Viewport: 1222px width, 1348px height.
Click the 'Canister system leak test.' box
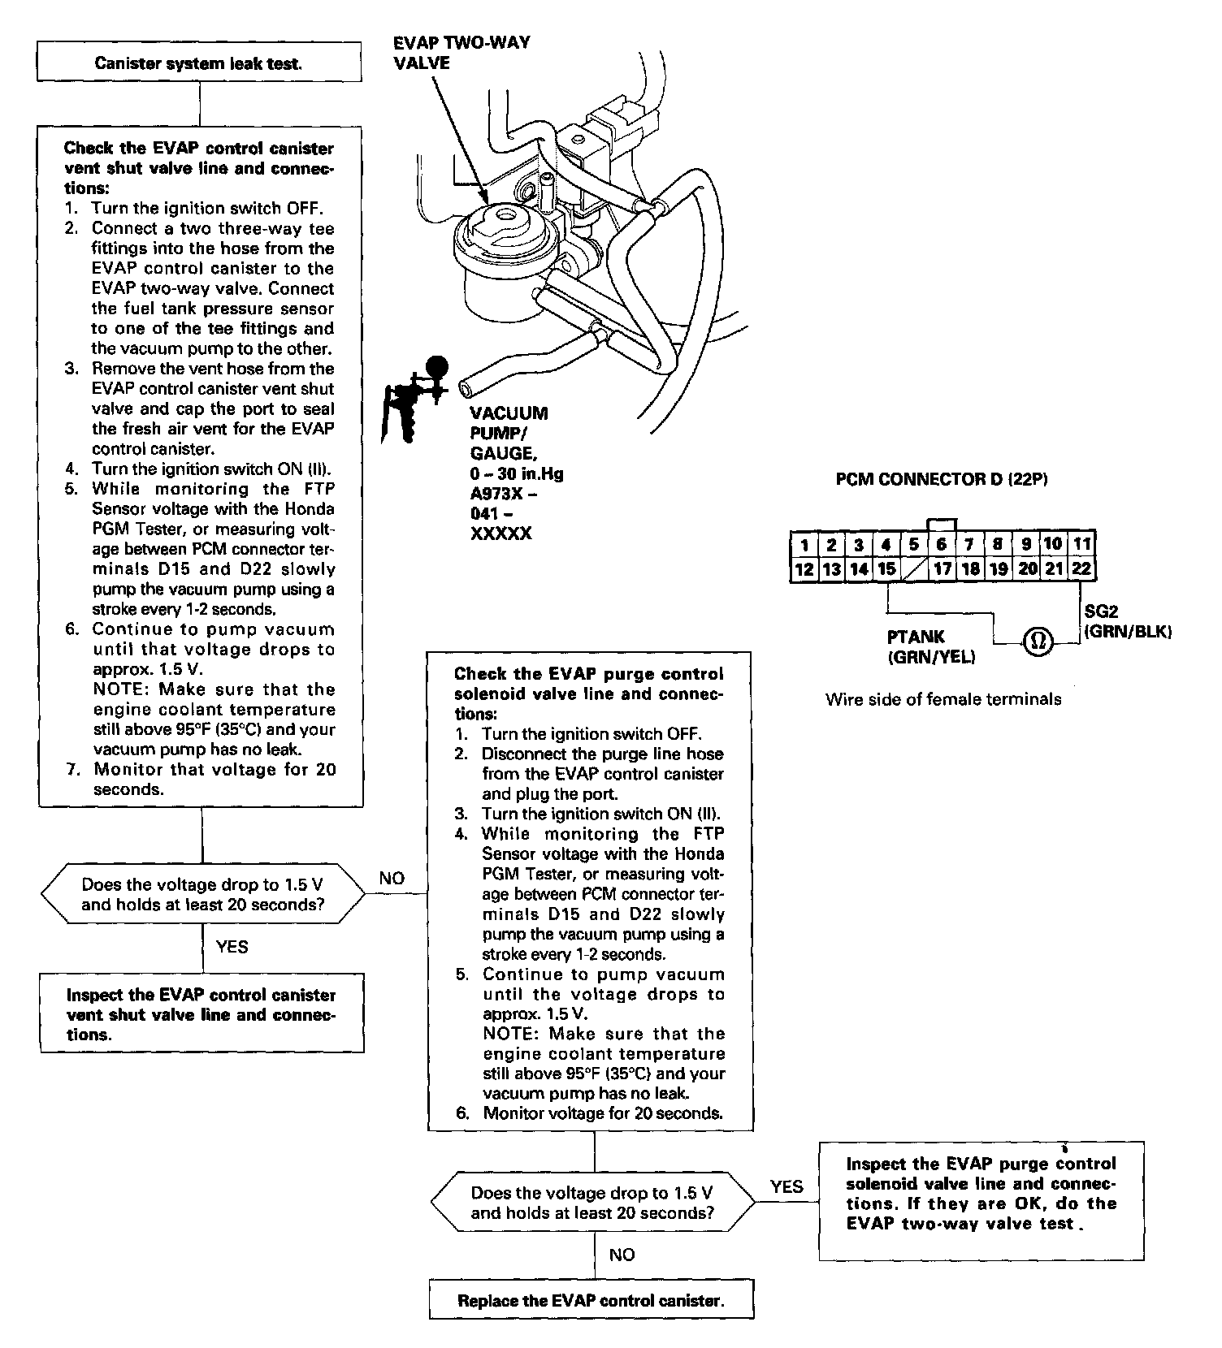[x=199, y=63]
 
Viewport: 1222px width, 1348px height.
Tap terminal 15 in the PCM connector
[x=886, y=569]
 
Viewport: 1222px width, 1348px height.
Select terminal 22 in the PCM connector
[x=1081, y=569]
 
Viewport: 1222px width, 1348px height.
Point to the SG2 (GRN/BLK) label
[x=1127, y=622]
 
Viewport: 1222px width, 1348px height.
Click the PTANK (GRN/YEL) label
[x=929, y=647]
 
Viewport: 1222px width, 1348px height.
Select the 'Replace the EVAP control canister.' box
[x=591, y=1300]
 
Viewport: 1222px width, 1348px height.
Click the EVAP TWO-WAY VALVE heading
[x=461, y=52]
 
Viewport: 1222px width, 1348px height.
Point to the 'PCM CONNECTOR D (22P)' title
[x=942, y=480]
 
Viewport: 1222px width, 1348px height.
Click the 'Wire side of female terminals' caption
[x=942, y=699]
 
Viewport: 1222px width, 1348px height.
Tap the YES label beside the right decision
[x=786, y=1186]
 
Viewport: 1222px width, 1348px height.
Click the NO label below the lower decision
[x=622, y=1255]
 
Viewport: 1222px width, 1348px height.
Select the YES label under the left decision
[x=232, y=946]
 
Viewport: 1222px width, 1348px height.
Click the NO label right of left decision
[x=391, y=878]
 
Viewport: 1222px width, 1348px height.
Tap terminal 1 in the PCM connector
[x=804, y=544]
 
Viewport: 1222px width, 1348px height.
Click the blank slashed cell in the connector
[x=914, y=569]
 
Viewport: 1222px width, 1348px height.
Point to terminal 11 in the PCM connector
[x=1081, y=544]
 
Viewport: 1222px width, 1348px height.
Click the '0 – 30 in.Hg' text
[x=516, y=474]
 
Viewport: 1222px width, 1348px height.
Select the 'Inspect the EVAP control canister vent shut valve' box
[x=201, y=1014]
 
